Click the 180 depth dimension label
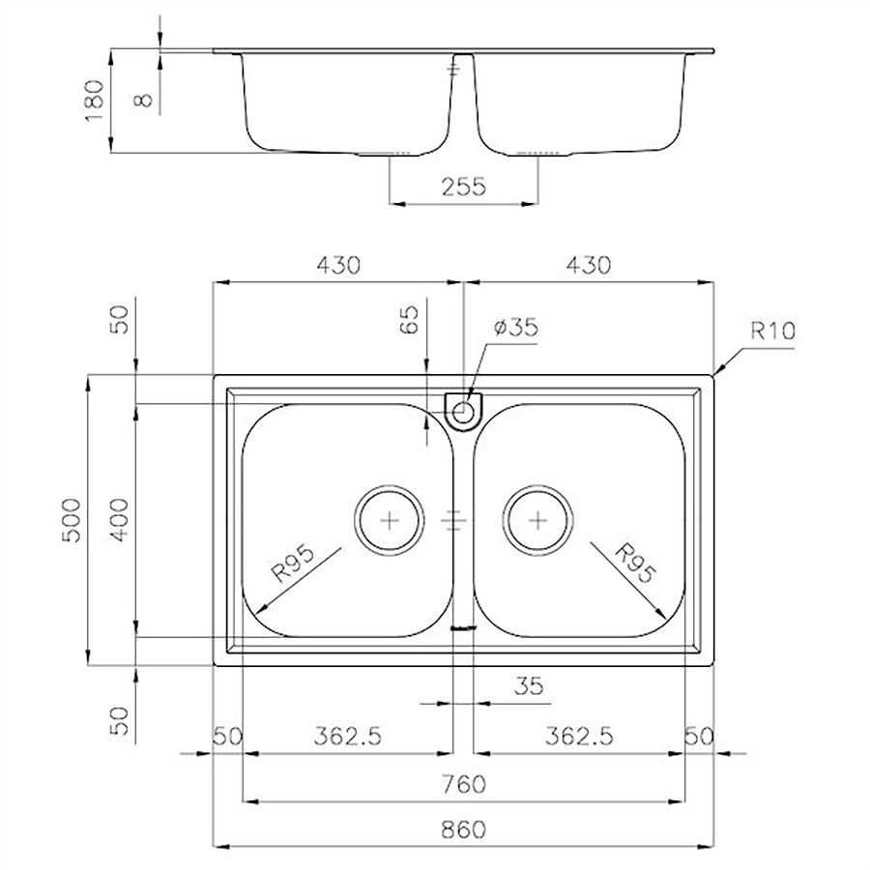click(x=95, y=101)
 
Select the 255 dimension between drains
click(x=464, y=186)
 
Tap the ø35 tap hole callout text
click(x=516, y=327)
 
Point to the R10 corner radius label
click(x=773, y=331)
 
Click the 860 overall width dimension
click(x=464, y=829)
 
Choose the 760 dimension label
click(x=464, y=783)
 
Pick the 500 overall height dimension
click(x=72, y=520)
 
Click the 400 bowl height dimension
click(x=119, y=520)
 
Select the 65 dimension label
click(x=408, y=319)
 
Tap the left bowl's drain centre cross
click(x=391, y=520)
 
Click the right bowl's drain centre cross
click(x=537, y=520)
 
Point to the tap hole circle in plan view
click(x=463, y=412)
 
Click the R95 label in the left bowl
click(x=293, y=563)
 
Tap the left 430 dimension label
click(x=338, y=265)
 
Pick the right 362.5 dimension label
click(x=579, y=736)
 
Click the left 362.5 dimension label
click(x=348, y=736)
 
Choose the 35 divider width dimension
click(x=529, y=686)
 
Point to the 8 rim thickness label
click(x=143, y=100)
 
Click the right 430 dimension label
click(x=589, y=265)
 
